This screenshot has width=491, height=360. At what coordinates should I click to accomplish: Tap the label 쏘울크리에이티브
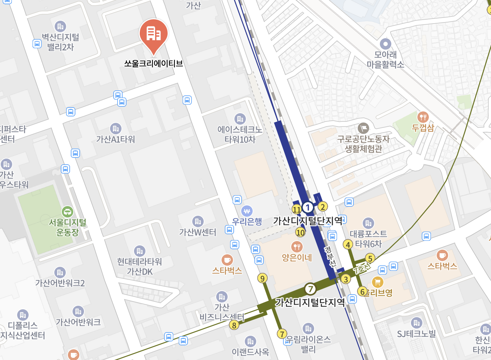(x=154, y=64)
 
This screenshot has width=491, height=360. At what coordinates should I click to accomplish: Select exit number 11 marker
(x=297, y=209)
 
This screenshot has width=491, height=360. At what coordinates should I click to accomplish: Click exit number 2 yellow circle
(x=323, y=206)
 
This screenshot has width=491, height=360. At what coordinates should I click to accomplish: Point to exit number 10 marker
(x=301, y=232)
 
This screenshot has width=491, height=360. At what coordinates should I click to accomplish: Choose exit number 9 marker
(x=263, y=278)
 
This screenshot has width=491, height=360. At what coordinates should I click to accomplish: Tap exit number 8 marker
(x=234, y=325)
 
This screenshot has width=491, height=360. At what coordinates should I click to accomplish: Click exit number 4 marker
(x=348, y=245)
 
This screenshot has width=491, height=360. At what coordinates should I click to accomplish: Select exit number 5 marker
(x=370, y=258)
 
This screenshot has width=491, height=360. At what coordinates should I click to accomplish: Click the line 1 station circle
(x=308, y=207)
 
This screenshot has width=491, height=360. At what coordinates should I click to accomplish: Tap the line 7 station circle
(x=310, y=289)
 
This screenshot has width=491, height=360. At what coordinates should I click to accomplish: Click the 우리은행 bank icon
(x=247, y=211)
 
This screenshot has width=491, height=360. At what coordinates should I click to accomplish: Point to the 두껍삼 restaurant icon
(x=423, y=117)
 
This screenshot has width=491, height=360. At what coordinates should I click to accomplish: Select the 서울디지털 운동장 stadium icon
(x=67, y=211)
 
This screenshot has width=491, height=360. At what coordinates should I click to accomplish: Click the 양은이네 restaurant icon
(x=297, y=246)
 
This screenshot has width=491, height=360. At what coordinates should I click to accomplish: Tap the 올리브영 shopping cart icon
(x=377, y=282)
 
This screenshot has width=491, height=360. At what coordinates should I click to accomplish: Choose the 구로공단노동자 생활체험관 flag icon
(x=363, y=128)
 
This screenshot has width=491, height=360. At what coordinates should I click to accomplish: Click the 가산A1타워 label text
(x=115, y=139)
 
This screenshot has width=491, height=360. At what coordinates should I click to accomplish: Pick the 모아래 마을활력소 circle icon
(x=385, y=44)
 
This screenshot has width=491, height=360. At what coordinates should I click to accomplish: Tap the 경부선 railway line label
(x=330, y=257)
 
